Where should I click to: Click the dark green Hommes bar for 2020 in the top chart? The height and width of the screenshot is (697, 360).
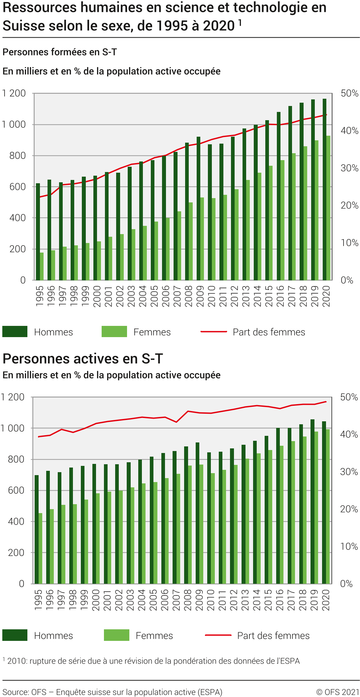click(x=324, y=190)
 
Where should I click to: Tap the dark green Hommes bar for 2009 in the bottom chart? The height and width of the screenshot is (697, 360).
click(x=197, y=513)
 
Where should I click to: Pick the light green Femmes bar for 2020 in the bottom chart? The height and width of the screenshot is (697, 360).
click(x=328, y=506)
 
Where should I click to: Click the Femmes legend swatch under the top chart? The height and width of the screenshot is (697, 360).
click(x=114, y=331)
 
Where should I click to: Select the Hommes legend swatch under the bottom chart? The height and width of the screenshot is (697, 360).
click(x=15, y=635)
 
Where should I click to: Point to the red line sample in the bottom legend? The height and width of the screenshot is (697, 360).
click(x=218, y=635)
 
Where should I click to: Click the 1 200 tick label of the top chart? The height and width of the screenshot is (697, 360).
click(x=14, y=93)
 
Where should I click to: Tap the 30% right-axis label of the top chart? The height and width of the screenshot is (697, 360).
click(x=349, y=168)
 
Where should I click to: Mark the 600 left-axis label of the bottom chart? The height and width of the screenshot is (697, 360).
click(x=16, y=490)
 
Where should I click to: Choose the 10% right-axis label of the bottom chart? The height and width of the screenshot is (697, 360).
click(x=349, y=546)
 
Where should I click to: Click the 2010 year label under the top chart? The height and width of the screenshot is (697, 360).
click(x=212, y=296)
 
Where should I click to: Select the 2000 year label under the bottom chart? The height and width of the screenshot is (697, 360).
click(x=96, y=600)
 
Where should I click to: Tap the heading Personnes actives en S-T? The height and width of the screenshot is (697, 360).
click(x=83, y=359)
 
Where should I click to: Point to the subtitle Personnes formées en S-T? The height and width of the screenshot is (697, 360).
click(x=60, y=52)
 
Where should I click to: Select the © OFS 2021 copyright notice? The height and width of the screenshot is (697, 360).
click(x=337, y=692)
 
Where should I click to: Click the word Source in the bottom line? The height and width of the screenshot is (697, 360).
click(x=15, y=692)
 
